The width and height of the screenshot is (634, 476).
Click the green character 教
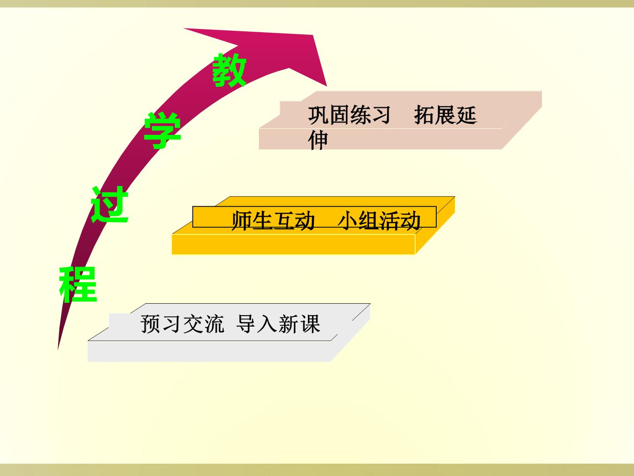[229, 70]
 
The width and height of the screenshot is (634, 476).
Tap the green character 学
[162, 130]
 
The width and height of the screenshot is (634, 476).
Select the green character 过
[110, 205]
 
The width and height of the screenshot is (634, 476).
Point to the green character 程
[78, 284]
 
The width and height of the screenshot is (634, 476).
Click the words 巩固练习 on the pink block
[349, 115]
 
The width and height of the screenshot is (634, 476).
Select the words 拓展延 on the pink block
[445, 115]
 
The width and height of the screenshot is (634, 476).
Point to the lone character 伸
[318, 141]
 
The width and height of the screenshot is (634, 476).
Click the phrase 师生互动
[273, 221]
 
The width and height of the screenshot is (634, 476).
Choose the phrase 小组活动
[379, 221]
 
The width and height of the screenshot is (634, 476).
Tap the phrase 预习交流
[182, 324]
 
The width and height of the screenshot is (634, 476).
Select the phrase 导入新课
[278, 324]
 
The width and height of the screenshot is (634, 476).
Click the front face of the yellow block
[294, 245]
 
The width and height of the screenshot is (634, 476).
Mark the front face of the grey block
[210, 351]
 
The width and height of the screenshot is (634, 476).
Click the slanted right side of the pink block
[522, 127]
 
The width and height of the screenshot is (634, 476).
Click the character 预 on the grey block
[151, 324]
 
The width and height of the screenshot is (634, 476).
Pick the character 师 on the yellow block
[242, 221]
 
